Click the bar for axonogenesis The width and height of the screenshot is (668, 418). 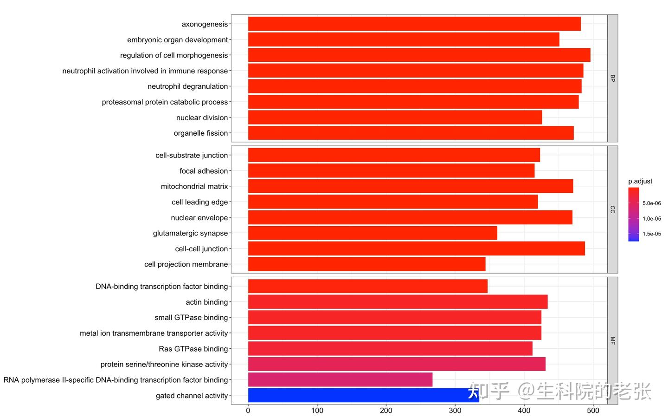click(414, 24)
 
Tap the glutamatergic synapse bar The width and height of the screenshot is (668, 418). click(373, 233)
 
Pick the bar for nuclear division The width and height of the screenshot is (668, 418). click(395, 118)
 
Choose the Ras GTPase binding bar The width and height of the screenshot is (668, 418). click(390, 349)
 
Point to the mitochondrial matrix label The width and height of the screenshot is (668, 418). click(194, 187)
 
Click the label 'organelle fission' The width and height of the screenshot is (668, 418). click(201, 133)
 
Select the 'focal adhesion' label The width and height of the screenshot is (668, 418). click(204, 171)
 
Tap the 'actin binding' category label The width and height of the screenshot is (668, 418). click(207, 302)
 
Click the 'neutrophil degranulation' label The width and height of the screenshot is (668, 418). click(188, 86)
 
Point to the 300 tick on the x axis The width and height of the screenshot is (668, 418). click(455, 411)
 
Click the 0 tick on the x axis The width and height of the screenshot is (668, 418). click(248, 411)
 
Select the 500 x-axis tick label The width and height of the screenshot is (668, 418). click(593, 411)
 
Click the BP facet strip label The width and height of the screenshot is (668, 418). click(612, 78)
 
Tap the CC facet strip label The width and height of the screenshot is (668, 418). click(612, 209)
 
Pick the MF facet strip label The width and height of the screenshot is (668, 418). click(612, 341)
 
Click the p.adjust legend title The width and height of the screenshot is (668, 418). click(640, 181)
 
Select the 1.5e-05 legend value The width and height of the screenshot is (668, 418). click(652, 234)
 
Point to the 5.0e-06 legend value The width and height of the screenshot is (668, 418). click(652, 203)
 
